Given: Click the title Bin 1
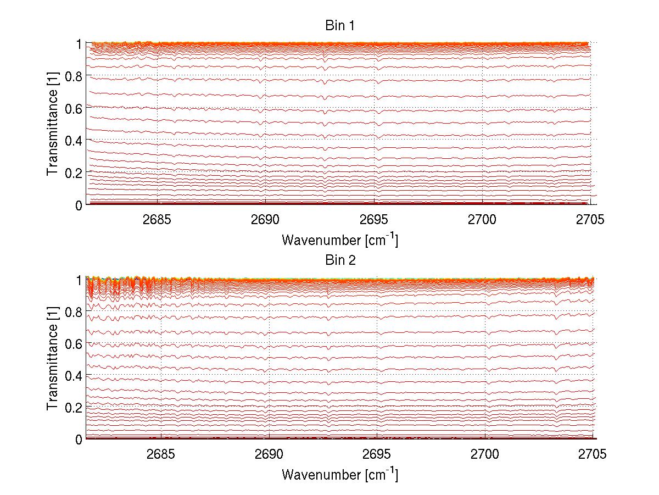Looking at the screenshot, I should point(340,26).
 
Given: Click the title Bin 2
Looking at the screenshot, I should point(340,260).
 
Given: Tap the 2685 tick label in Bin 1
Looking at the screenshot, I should point(158,220).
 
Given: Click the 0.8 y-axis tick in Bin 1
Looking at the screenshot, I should point(75,76).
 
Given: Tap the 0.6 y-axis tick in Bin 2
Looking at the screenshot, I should point(75,343).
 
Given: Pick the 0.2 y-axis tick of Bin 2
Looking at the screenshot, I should point(75,407).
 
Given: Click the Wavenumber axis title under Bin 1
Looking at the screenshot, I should point(339,240).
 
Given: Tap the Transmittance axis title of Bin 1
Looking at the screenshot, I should point(53,124).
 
